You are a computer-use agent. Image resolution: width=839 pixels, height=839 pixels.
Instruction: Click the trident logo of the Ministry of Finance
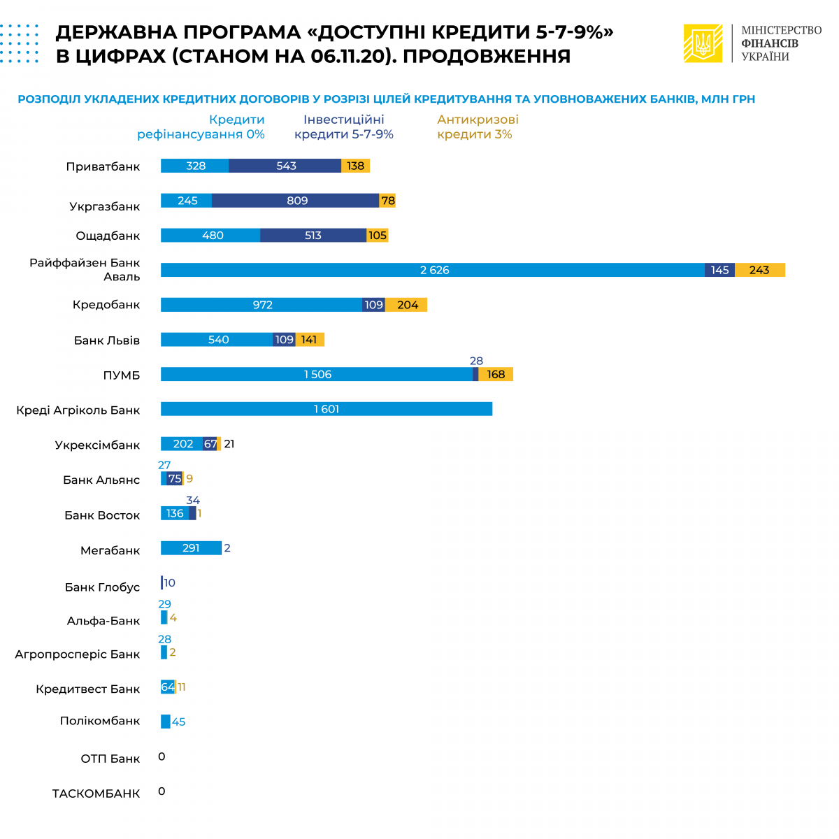pos(703,43)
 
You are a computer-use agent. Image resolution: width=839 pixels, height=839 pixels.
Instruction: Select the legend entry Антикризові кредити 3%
pos(478,127)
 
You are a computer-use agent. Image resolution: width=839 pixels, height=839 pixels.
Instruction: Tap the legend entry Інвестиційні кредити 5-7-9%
pos(344,127)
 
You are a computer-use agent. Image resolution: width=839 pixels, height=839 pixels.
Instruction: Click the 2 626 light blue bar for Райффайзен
pos(433,270)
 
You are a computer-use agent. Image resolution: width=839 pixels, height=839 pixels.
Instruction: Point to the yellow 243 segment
pos(759,270)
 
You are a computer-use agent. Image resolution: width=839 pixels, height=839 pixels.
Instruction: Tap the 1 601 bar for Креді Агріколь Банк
pos(327,409)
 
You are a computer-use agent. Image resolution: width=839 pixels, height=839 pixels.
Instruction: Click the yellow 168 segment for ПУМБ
pos(496,374)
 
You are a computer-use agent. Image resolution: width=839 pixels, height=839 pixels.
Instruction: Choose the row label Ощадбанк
pos(108,236)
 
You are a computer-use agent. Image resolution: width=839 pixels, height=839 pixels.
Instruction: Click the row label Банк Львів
pos(107,340)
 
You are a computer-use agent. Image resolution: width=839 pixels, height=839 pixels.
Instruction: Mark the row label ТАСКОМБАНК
pos(96,794)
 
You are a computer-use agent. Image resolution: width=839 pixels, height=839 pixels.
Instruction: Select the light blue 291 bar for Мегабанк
pos(191,548)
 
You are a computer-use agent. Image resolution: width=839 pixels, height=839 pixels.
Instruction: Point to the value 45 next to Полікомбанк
pos(179,722)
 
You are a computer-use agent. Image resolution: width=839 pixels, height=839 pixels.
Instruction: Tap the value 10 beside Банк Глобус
pos(169,583)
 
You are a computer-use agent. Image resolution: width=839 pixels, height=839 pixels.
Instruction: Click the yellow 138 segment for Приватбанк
pos(355,166)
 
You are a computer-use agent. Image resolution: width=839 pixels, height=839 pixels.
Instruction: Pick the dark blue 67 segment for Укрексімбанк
pos(210,444)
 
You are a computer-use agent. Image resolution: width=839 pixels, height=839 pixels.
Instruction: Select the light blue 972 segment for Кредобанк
pos(261,305)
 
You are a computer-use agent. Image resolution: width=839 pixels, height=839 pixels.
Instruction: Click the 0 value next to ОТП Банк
pos(162,756)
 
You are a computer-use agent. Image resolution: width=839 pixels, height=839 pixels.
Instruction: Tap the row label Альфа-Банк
pos(103,621)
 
